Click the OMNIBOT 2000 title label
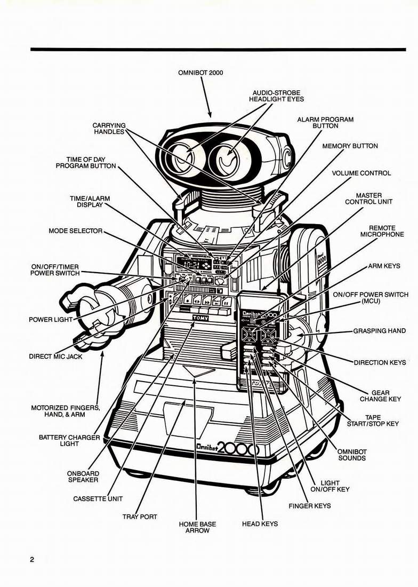coord(200,73)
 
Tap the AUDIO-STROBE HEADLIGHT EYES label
coord(276,96)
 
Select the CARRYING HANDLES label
coord(109,129)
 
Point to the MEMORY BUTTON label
coord(350,146)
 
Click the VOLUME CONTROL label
coord(361,173)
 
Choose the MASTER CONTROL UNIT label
coord(368,199)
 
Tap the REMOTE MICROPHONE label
coord(382,231)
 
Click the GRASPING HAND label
coord(379,331)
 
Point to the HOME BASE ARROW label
coord(197,527)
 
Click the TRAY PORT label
coord(140,517)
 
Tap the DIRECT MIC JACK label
coord(55,356)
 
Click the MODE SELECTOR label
coord(75,232)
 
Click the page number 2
coord(32,560)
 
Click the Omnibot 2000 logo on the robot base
coord(227,449)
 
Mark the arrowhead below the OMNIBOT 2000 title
coord(210,114)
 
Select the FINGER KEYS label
coord(309,505)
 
